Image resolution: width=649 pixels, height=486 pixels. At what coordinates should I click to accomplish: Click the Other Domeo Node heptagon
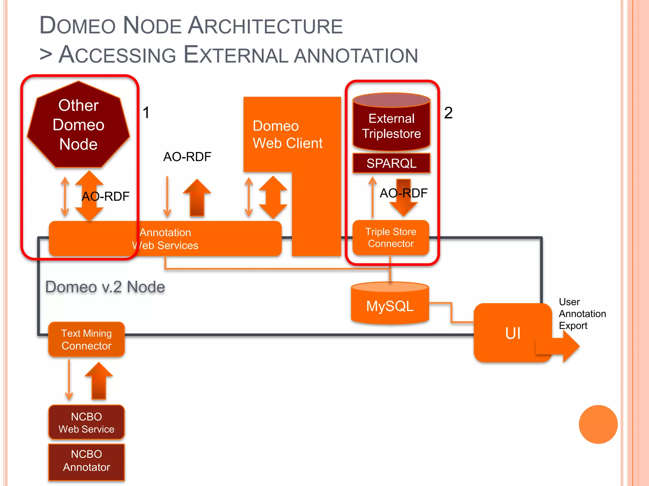click(78, 125)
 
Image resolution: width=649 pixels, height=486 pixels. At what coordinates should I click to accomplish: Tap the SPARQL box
click(391, 163)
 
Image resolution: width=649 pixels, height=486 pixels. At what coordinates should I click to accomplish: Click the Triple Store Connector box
click(391, 238)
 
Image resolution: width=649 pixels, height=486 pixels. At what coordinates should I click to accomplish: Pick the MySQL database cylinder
click(390, 305)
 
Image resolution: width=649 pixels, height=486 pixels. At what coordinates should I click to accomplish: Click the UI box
click(512, 333)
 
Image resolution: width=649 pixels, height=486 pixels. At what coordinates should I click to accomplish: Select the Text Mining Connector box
click(87, 340)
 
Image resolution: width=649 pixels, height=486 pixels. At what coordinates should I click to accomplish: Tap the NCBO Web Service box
click(87, 423)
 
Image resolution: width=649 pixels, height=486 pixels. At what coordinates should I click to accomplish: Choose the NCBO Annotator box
click(87, 461)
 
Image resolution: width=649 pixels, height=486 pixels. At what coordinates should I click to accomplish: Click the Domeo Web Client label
click(287, 134)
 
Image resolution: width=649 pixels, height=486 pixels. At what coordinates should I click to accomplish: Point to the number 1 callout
click(146, 113)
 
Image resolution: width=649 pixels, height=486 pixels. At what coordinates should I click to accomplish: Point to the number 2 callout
click(448, 113)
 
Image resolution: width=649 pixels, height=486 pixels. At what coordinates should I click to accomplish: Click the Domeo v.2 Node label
click(105, 287)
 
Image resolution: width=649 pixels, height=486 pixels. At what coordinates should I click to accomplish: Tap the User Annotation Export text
click(582, 314)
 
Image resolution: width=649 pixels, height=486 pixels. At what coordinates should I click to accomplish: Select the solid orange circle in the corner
click(598, 424)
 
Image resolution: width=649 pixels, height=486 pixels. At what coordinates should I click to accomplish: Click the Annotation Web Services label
click(165, 239)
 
